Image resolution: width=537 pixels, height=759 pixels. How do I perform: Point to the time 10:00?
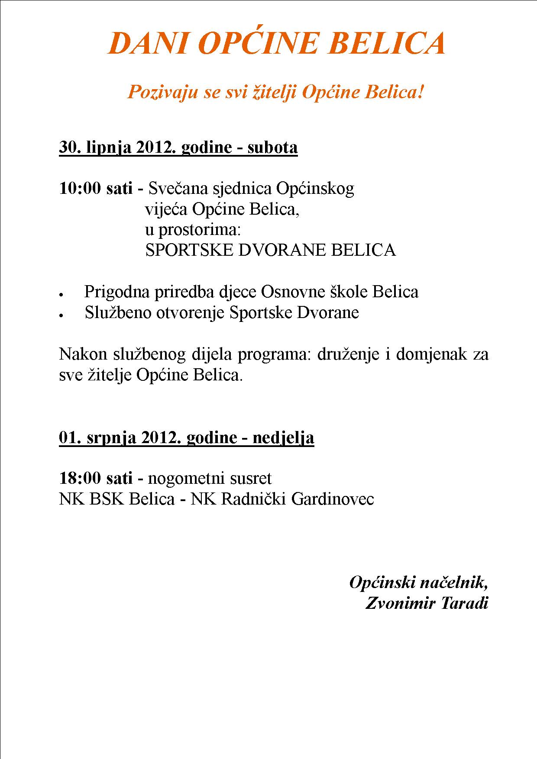pyautogui.click(x=81, y=189)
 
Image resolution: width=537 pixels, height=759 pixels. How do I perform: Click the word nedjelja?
pyautogui.click(x=283, y=438)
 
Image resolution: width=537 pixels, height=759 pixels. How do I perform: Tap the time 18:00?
pyautogui.click(x=81, y=479)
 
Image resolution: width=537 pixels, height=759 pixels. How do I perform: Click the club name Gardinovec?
pyautogui.click(x=332, y=499)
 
